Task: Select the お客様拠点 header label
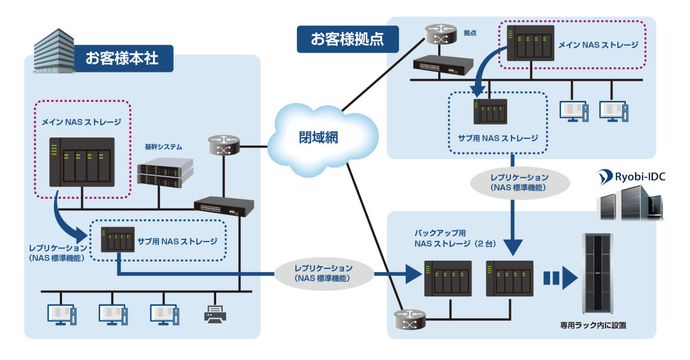(347, 39)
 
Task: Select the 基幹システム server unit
(165, 171)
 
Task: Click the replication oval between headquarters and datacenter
(323, 273)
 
